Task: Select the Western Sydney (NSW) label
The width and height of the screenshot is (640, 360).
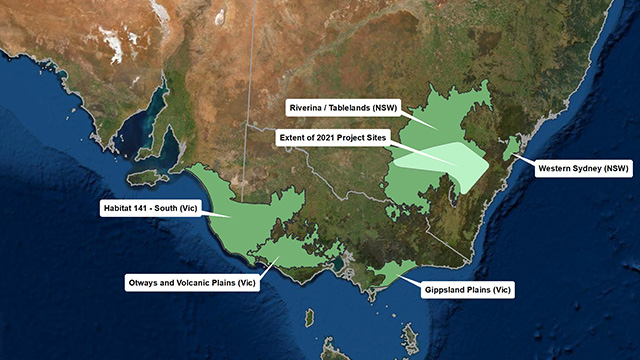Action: tap(585, 169)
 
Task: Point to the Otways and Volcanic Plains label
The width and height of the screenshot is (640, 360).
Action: tap(193, 283)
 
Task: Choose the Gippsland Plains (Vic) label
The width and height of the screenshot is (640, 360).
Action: tap(464, 290)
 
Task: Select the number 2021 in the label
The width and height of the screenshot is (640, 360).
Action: tap(334, 136)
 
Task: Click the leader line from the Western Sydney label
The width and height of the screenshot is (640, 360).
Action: tap(525, 159)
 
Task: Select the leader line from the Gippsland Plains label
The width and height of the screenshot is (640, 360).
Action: tap(410, 279)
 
